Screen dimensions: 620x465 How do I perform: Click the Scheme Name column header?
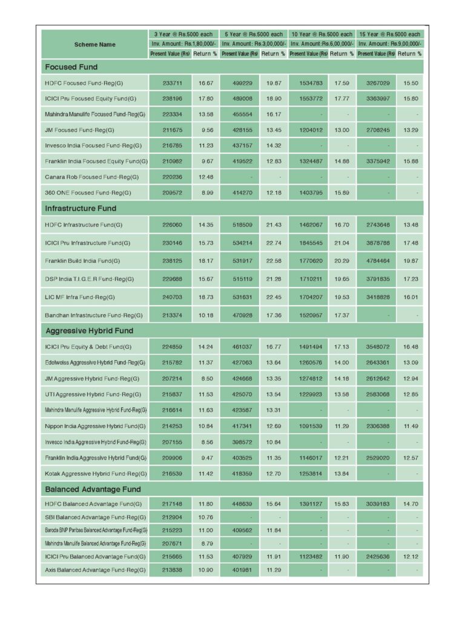click(x=94, y=44)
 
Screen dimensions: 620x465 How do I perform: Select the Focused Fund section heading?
click(x=71, y=67)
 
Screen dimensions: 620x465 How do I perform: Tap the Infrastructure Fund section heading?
click(x=81, y=208)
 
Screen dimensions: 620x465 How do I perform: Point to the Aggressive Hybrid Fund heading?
click(x=89, y=331)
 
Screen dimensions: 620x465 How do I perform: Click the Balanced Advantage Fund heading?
click(x=93, y=489)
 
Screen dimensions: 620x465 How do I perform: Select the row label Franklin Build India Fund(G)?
click(x=82, y=261)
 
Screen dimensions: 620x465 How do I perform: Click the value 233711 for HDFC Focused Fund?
click(x=170, y=83)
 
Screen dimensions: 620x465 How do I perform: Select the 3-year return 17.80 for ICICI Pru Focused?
click(x=206, y=98)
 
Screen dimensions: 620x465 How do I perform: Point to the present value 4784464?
click(x=377, y=261)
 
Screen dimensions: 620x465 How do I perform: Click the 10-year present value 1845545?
click(x=309, y=243)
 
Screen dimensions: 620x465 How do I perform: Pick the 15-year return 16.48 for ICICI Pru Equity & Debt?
click(x=410, y=347)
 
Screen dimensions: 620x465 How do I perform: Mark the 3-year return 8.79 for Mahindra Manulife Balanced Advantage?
click(x=206, y=544)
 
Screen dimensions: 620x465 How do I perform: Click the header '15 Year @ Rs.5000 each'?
click(x=389, y=35)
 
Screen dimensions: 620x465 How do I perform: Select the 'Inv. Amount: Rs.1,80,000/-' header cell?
click(x=183, y=44)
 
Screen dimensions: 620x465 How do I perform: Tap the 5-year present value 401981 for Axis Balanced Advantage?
click(x=239, y=570)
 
